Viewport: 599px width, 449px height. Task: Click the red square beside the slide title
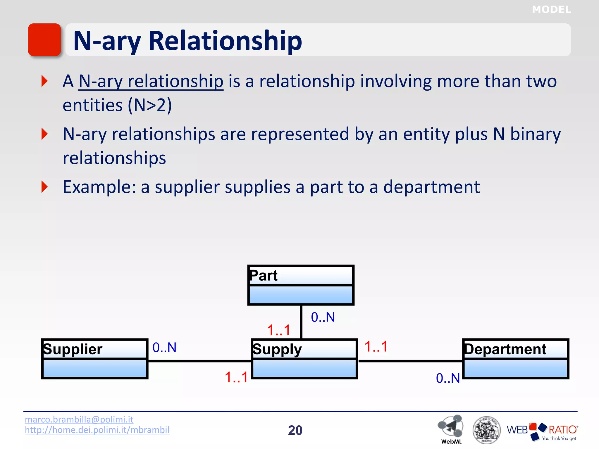[x=44, y=40]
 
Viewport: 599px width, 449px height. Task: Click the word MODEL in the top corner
[x=551, y=10]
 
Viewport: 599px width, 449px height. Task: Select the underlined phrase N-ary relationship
[x=151, y=81]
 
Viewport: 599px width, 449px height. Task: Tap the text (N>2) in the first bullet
[x=150, y=105]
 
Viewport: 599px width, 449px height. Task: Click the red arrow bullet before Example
[x=44, y=187]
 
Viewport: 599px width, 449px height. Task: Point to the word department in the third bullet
[x=431, y=187]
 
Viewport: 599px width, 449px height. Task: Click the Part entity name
[x=264, y=275]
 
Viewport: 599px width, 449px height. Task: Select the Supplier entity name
[x=73, y=349]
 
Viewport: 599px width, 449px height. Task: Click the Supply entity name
[x=277, y=350]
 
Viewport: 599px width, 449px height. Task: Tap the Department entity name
[x=505, y=349]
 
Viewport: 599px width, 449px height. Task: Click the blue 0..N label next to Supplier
[x=164, y=348]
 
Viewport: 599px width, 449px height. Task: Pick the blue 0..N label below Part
[x=323, y=317]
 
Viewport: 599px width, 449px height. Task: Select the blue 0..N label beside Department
[x=448, y=378]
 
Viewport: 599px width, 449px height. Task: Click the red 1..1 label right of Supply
[x=376, y=347]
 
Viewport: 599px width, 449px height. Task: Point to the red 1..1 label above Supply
[x=279, y=330]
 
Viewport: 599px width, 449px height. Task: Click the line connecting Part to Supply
[x=301, y=322]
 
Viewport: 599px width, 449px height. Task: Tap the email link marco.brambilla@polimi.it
[x=79, y=419]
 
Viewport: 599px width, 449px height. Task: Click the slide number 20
[x=295, y=430]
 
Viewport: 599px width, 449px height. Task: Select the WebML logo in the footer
[x=451, y=428]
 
